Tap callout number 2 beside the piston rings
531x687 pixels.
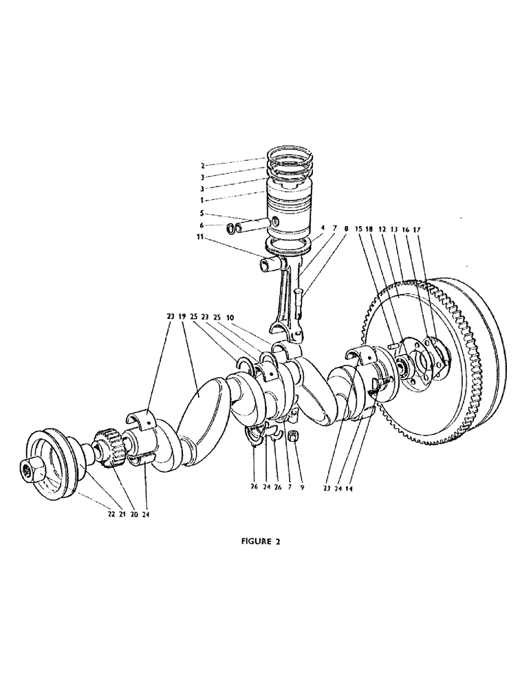[203, 166]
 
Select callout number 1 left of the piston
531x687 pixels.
[203, 199]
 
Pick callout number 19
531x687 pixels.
[182, 317]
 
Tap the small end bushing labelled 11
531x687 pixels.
[270, 264]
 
